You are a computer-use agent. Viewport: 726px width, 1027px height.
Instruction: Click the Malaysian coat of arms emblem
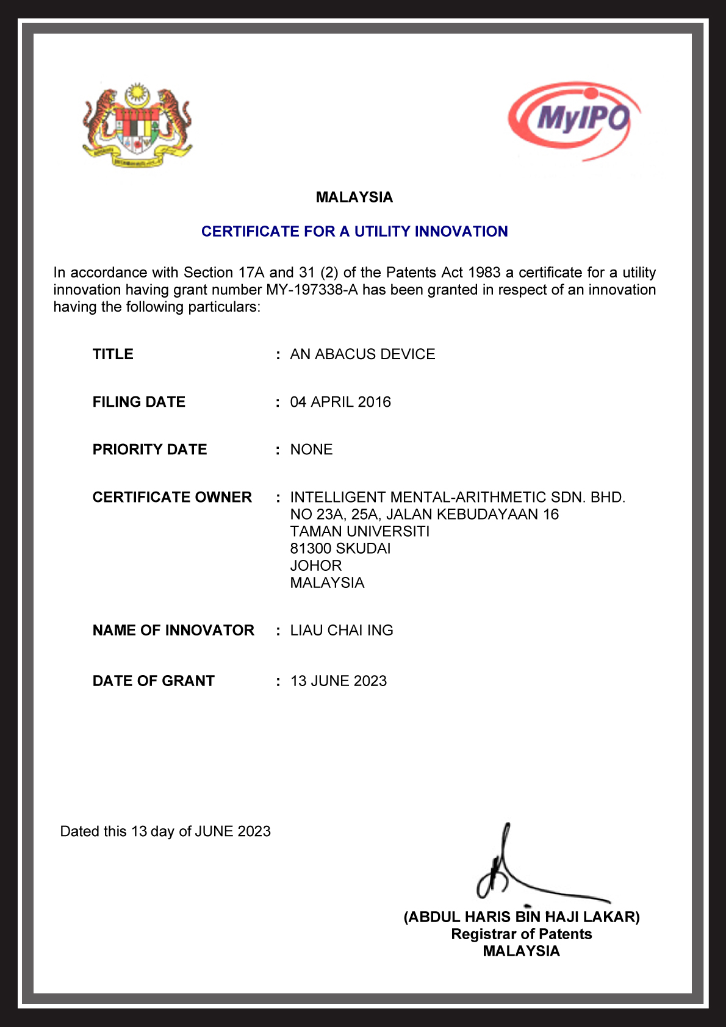[137, 125]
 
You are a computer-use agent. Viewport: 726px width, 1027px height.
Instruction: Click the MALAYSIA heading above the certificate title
[354, 197]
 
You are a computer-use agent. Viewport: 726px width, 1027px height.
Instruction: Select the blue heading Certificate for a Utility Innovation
[354, 231]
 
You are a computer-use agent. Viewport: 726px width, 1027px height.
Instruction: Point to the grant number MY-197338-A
[311, 290]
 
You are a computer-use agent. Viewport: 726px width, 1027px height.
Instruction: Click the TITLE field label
[113, 354]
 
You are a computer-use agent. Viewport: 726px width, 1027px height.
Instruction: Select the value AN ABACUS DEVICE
[362, 354]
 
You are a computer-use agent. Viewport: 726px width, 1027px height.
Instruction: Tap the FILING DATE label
[139, 402]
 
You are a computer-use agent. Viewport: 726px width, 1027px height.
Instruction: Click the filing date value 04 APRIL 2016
[340, 402]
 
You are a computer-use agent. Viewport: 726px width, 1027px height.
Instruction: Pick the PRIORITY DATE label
[150, 449]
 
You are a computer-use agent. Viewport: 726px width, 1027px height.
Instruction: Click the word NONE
[311, 449]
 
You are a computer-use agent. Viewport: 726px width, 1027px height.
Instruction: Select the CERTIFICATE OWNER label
[172, 497]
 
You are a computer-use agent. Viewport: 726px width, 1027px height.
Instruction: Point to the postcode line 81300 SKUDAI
[340, 548]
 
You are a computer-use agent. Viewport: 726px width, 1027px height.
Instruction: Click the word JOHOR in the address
[316, 565]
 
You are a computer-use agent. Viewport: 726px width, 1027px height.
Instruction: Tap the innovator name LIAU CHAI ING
[342, 630]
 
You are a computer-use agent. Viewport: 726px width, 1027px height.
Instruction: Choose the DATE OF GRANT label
[154, 681]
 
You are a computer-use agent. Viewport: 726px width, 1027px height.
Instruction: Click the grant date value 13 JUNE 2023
[339, 681]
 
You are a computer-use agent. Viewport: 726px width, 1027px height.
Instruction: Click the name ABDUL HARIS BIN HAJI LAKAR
[522, 917]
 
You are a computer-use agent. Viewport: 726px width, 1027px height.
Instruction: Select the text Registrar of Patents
[522, 934]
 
